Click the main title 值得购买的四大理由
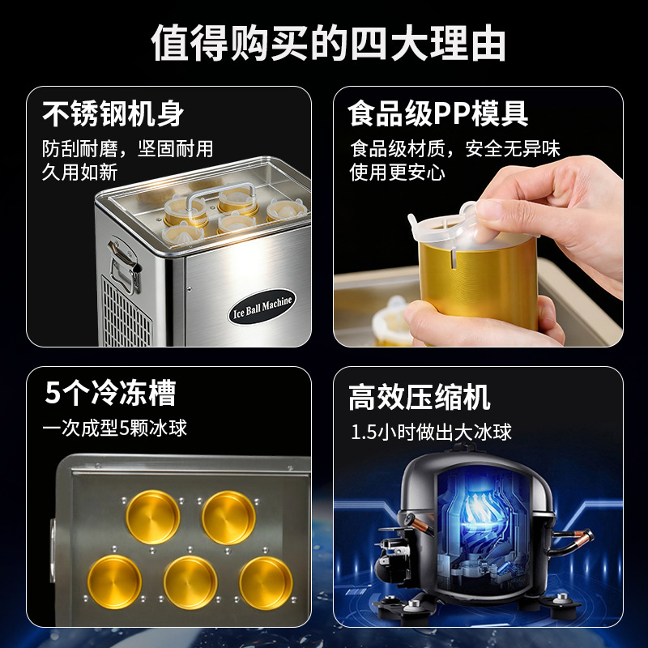click(x=328, y=43)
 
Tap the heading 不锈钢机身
click(x=113, y=113)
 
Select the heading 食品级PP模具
click(x=437, y=113)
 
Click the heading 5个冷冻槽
click(x=110, y=392)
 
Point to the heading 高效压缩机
click(x=419, y=397)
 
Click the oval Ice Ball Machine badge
click(x=262, y=306)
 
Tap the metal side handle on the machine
click(x=123, y=265)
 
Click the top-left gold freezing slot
click(x=153, y=517)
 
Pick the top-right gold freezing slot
click(x=228, y=518)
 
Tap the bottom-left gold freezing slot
click(x=114, y=582)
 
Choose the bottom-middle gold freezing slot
click(x=190, y=582)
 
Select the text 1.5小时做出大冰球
click(x=431, y=433)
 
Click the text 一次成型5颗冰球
click(x=114, y=428)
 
